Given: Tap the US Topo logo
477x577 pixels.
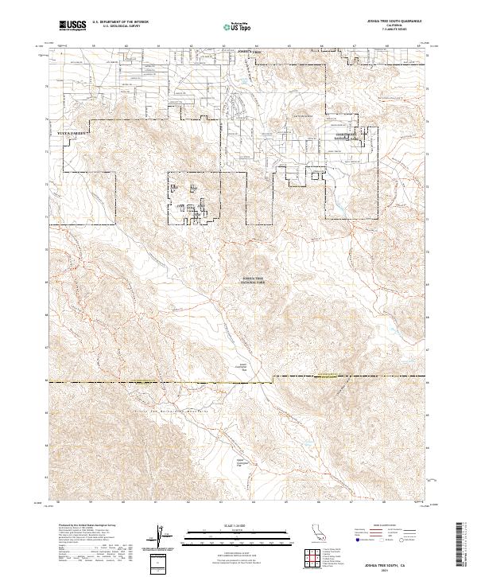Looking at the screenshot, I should [x=236, y=27].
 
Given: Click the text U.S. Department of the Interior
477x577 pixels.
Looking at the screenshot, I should [x=118, y=24].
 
